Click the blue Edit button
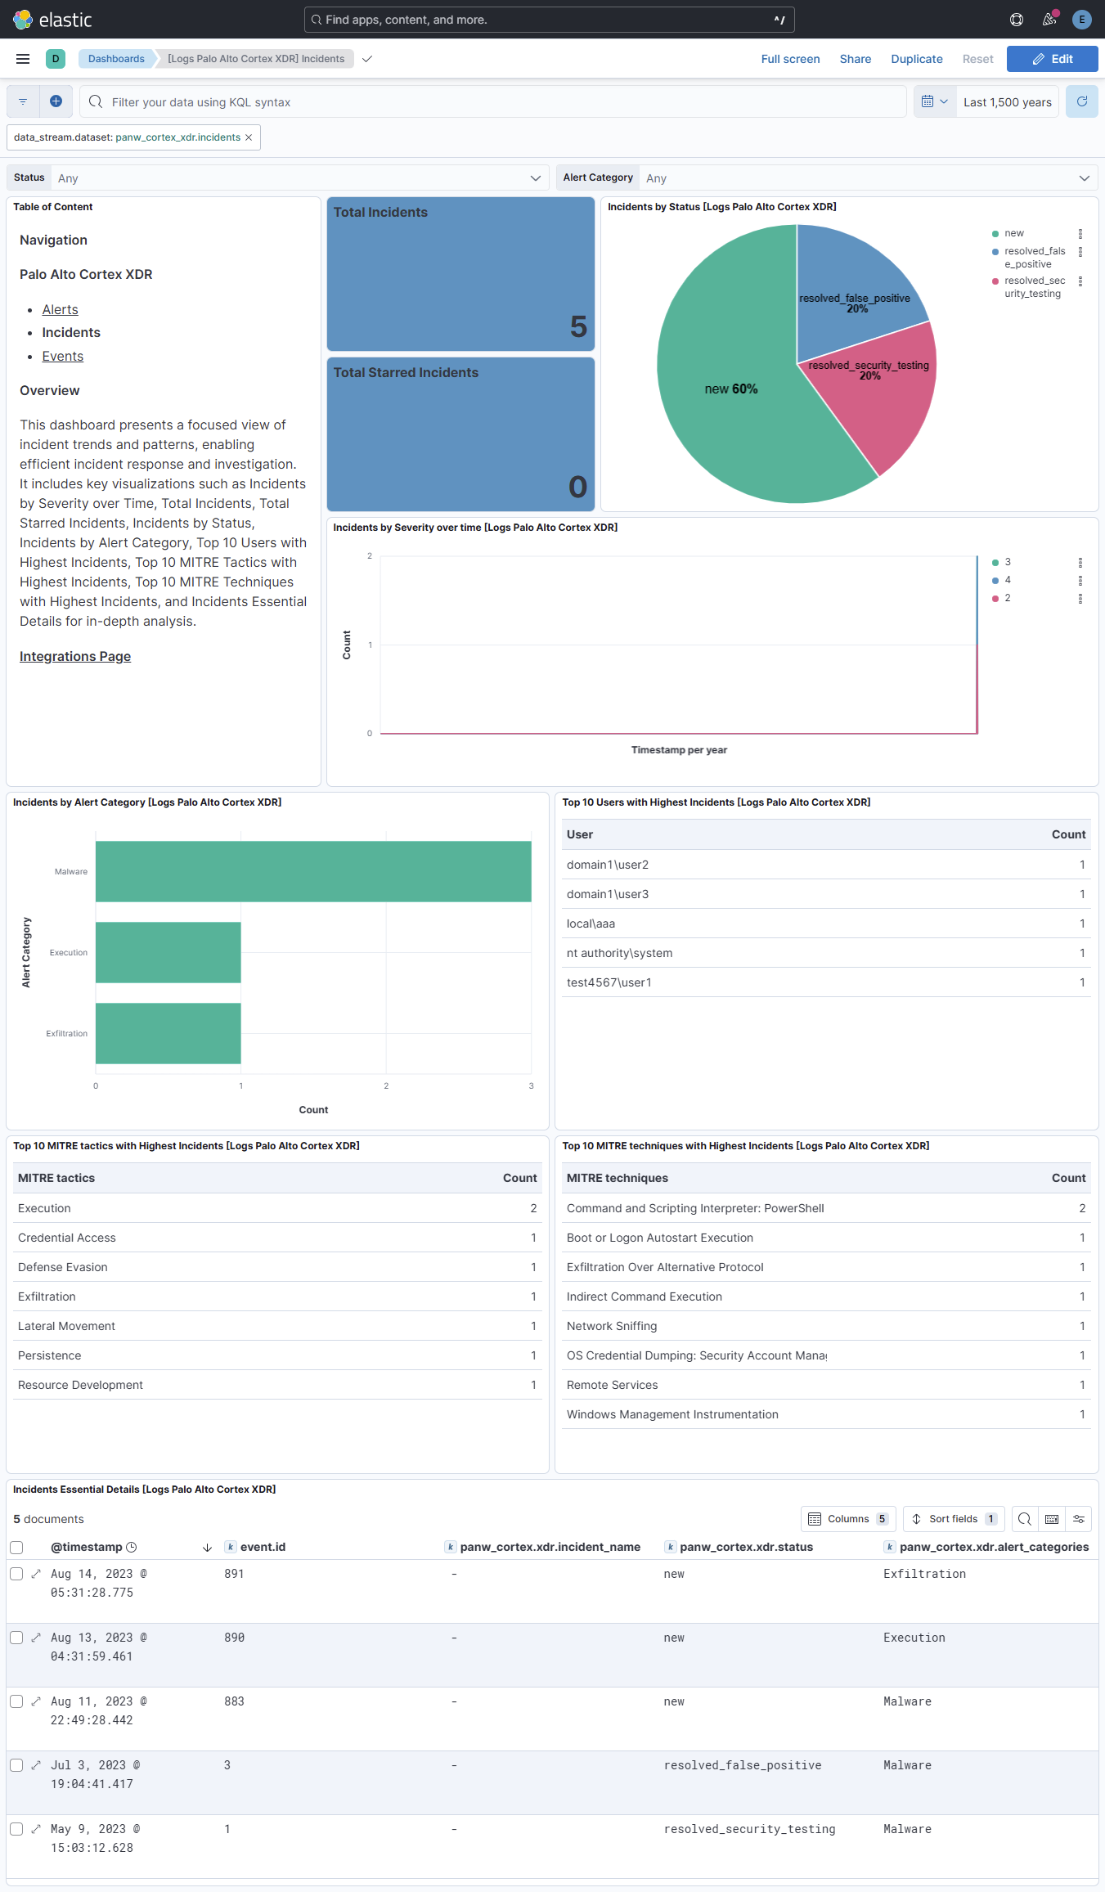[1052, 59]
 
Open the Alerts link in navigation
[60, 309]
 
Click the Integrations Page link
[75, 656]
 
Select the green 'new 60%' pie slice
[728, 409]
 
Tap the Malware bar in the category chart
[313, 871]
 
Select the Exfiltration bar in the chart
[168, 1033]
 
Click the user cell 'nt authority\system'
[619, 953]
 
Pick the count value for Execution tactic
[533, 1208]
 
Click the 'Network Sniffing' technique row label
[612, 1326]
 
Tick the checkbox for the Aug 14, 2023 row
[16, 1574]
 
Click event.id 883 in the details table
[234, 1701]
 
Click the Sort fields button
[953, 1519]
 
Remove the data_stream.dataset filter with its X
[249, 137]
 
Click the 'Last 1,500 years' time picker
[1007, 102]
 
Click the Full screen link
[790, 59]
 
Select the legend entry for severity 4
[1007, 580]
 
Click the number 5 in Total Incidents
[578, 327]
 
